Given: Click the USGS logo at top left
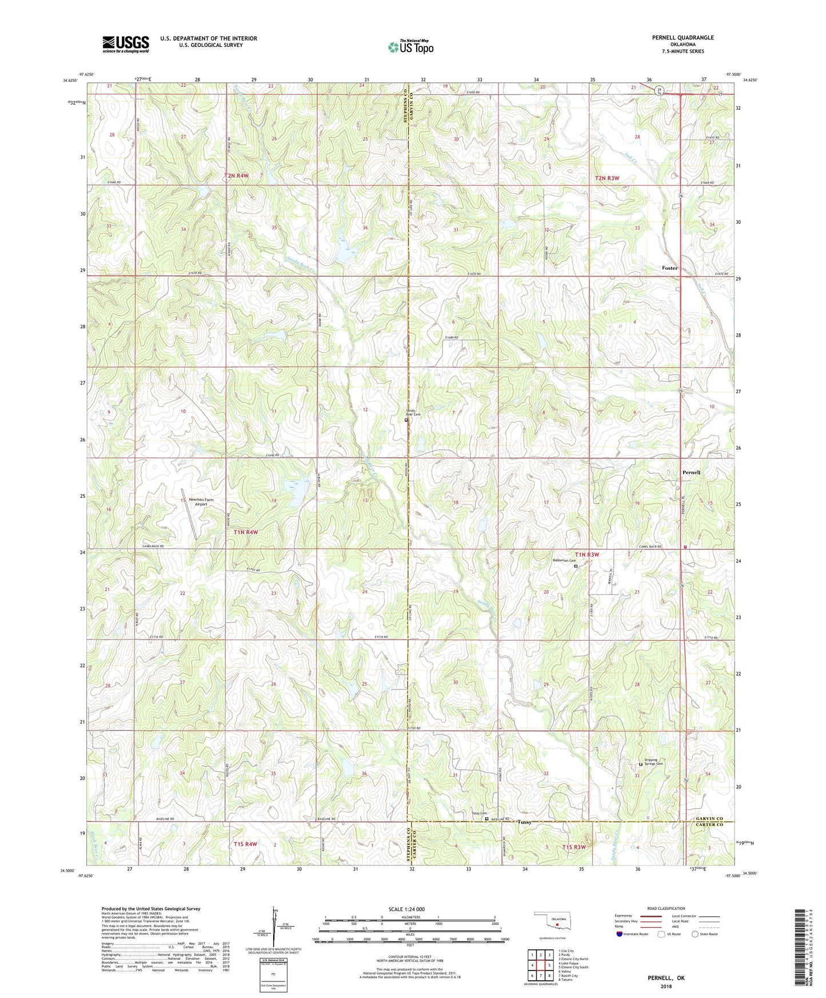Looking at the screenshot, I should tap(125, 44).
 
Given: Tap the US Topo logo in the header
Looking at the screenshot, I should tap(410, 47).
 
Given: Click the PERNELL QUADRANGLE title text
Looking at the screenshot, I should tap(683, 38).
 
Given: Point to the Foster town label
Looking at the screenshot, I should tap(669, 268).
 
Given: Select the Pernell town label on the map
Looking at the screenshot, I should tap(691, 473).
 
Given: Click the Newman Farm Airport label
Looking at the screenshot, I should tap(201, 502).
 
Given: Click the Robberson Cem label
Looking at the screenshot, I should tap(564, 561).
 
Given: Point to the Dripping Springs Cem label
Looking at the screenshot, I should tap(654, 762).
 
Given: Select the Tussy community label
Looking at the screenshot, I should tap(524, 822).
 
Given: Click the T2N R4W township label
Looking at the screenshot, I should tap(237, 176).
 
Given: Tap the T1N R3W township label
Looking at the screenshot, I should tap(587, 554).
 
